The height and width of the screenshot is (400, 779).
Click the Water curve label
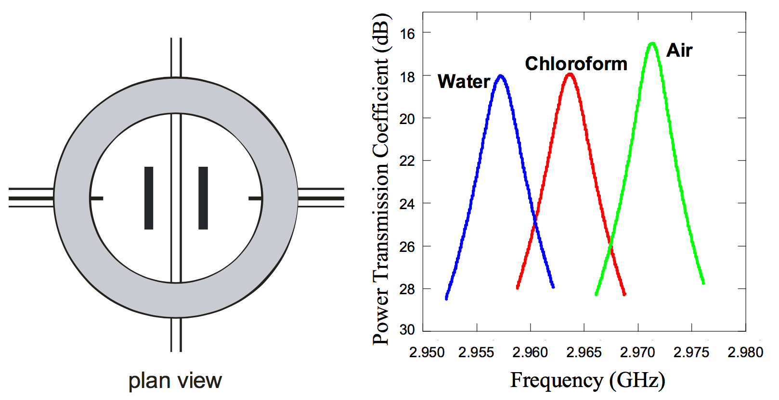pos(464,82)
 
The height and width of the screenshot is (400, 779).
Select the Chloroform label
pos(576,64)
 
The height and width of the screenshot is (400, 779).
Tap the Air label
pos(679,50)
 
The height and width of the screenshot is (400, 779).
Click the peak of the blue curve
pos(501,76)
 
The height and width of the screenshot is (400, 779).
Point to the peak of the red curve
pos(570,74)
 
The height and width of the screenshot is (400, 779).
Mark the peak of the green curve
pos(652,43)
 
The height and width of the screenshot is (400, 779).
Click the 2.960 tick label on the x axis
pos(530,352)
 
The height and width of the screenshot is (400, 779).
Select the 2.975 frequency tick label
pos(691,352)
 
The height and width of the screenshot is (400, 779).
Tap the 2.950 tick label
pos(427,352)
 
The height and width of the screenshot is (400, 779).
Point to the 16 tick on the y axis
pos(407,34)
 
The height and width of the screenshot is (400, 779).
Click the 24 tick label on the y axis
pos(407,204)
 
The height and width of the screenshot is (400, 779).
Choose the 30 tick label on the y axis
pos(407,330)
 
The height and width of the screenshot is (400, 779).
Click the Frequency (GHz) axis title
pos(587,380)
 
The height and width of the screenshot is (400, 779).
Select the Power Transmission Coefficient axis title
pos(381,179)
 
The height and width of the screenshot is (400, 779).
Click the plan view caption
pos(175,381)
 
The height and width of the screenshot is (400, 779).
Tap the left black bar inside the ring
pos(149,198)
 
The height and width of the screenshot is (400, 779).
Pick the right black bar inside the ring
pos(203,198)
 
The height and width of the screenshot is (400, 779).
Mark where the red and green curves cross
pos(610,248)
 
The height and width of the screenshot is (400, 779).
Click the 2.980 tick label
pos(745,352)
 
